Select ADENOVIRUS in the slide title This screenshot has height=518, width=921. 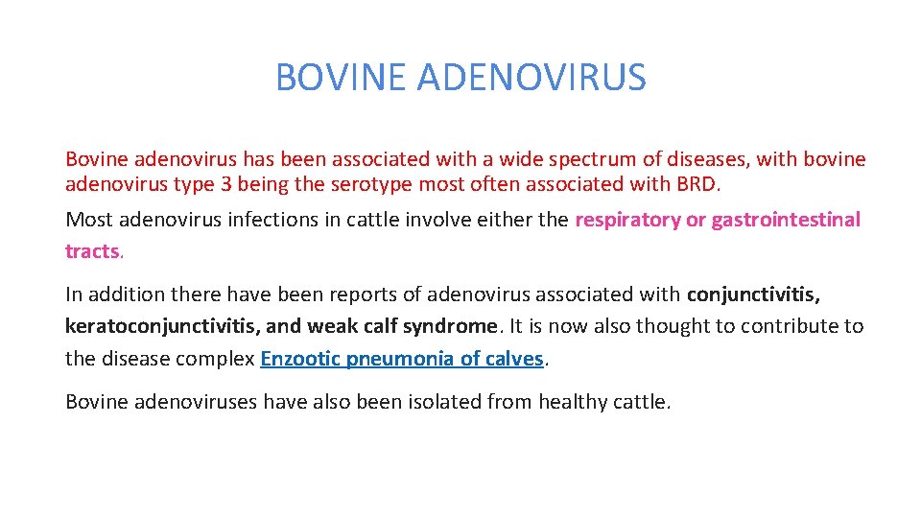pos(531,78)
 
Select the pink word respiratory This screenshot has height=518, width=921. pos(627,220)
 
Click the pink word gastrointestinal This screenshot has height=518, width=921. pos(786,220)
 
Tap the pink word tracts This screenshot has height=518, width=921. pos(93,251)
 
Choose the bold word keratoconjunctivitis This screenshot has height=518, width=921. pos(159,326)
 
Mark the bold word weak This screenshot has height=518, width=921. pos(335,326)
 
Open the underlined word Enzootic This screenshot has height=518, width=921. pos(299,360)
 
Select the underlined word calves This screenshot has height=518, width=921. pos(513,360)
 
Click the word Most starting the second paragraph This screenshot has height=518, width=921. pos(86,220)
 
